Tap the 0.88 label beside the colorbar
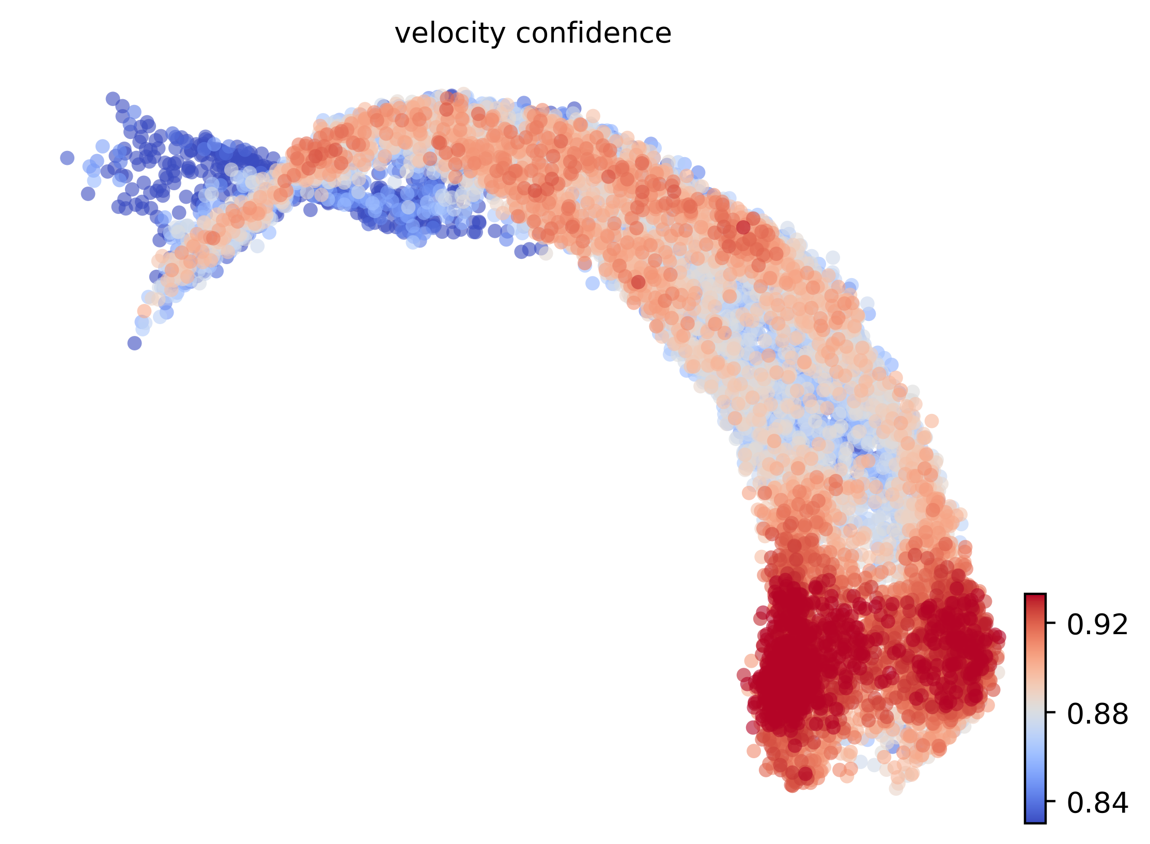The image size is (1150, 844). click(x=1098, y=714)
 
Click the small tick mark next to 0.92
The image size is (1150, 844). click(x=1049, y=624)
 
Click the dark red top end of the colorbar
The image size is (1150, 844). click(x=1035, y=597)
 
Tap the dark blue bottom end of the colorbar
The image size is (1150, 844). click(x=1035, y=819)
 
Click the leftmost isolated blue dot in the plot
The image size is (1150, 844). click(x=67, y=158)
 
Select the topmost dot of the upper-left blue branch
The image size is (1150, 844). click(x=113, y=99)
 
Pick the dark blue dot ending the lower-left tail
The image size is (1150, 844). click(x=134, y=343)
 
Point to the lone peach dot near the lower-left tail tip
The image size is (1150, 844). click(x=144, y=311)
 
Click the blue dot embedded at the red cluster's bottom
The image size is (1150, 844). click(x=893, y=747)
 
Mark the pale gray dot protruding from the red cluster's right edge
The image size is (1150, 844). click(x=999, y=673)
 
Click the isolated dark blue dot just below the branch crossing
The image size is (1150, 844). click(x=310, y=210)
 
